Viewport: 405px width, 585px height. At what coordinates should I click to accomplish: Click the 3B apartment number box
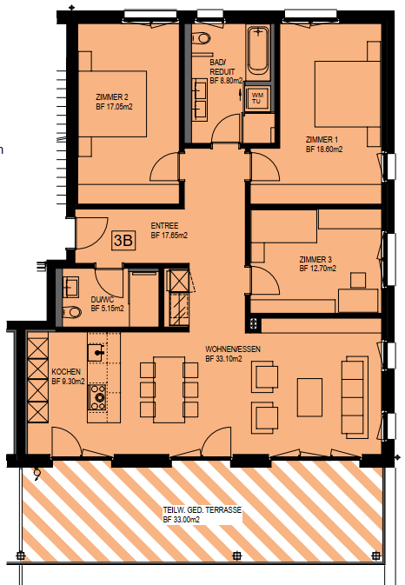point(123,240)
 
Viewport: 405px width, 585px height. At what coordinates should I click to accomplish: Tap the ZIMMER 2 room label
point(112,97)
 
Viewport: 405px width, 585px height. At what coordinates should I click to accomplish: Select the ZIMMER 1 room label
point(322,140)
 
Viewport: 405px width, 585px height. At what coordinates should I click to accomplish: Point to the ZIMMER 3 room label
point(315,259)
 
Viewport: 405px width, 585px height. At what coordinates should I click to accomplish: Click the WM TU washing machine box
point(256,98)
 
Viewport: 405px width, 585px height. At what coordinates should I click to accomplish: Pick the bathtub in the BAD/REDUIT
point(258,50)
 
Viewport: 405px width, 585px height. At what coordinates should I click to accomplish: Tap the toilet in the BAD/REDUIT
point(202,38)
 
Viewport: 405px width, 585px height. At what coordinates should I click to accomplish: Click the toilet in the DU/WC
point(71,312)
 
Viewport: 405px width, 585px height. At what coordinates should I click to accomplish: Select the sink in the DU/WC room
point(71,287)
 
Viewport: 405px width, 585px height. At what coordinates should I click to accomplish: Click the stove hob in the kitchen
point(97,398)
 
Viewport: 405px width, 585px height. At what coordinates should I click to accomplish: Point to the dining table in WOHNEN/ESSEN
point(169,389)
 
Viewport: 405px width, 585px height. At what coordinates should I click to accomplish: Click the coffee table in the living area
point(309,397)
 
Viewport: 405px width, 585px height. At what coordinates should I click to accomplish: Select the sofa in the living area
point(355,397)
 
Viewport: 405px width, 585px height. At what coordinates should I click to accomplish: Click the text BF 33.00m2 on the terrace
point(182,519)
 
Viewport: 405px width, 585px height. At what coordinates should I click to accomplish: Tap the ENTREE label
point(164,226)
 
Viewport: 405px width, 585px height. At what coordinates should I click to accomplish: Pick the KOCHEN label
point(66,372)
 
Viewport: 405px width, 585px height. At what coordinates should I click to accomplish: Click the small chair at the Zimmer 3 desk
point(358,281)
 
